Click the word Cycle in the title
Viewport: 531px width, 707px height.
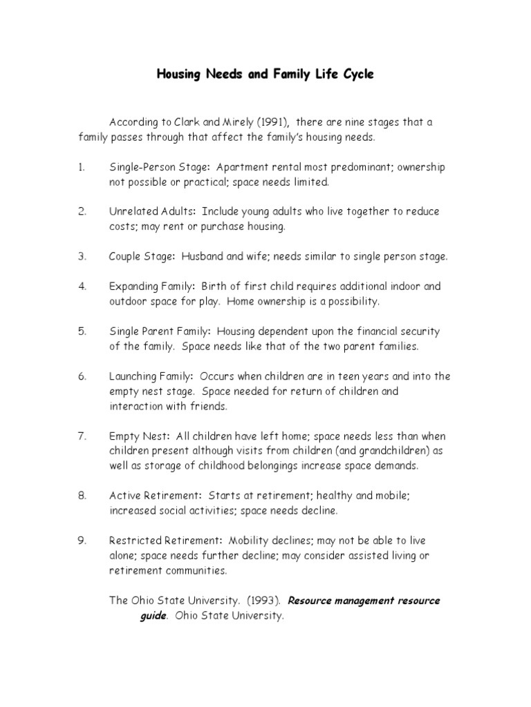click(x=356, y=75)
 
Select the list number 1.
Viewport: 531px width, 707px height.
click(x=81, y=167)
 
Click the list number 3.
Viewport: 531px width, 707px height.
click(x=82, y=256)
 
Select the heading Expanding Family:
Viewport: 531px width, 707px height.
click(x=152, y=287)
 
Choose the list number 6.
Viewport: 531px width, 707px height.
click(x=82, y=376)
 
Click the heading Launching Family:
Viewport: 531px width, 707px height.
click(x=151, y=376)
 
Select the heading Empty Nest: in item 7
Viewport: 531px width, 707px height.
click(x=139, y=436)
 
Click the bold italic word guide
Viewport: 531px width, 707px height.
click(x=153, y=616)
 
